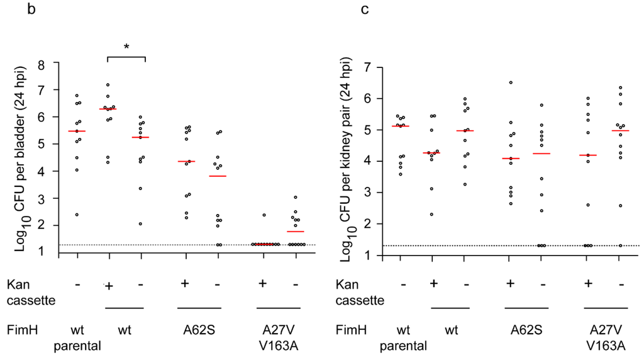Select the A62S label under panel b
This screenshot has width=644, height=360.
click(199, 330)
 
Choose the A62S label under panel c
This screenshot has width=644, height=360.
click(525, 330)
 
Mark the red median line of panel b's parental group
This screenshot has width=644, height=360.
click(77, 131)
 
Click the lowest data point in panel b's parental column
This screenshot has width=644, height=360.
click(77, 215)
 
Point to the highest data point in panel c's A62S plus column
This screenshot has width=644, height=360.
click(511, 82)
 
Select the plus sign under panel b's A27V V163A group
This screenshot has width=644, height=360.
click(263, 284)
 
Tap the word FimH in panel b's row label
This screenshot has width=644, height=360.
click(20, 330)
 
